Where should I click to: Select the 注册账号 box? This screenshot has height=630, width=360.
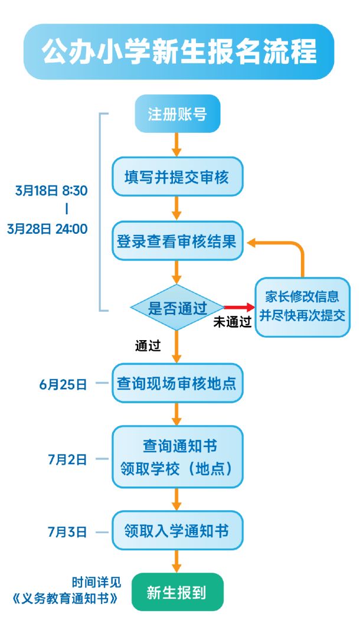point(177,114)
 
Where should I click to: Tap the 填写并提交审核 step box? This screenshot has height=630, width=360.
point(177,177)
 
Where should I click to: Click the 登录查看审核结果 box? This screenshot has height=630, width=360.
point(177,241)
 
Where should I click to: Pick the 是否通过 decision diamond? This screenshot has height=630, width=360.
point(177,308)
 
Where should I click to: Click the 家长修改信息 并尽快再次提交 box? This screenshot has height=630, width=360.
point(303,306)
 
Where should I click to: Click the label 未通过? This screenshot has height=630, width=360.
point(233,322)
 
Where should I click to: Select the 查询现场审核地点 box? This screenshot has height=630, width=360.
point(177,383)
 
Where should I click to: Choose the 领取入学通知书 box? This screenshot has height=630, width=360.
point(177,530)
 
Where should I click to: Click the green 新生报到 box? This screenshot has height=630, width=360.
point(177,592)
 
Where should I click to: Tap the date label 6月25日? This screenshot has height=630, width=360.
point(63,384)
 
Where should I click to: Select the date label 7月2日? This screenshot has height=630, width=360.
point(67,459)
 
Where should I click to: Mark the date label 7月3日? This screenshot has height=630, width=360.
point(67,532)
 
